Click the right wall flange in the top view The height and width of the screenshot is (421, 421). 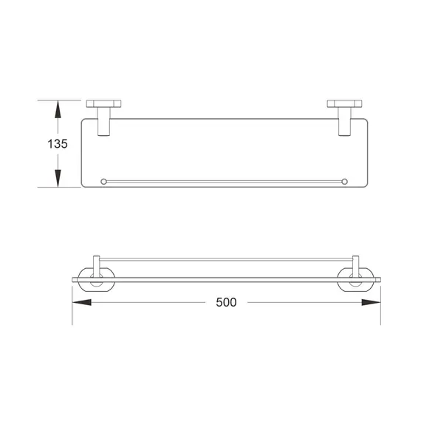tap(346, 104)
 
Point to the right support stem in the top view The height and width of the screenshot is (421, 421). tap(346, 123)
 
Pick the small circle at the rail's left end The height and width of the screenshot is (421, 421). tap(103, 181)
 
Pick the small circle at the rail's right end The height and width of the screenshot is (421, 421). tap(345, 181)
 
